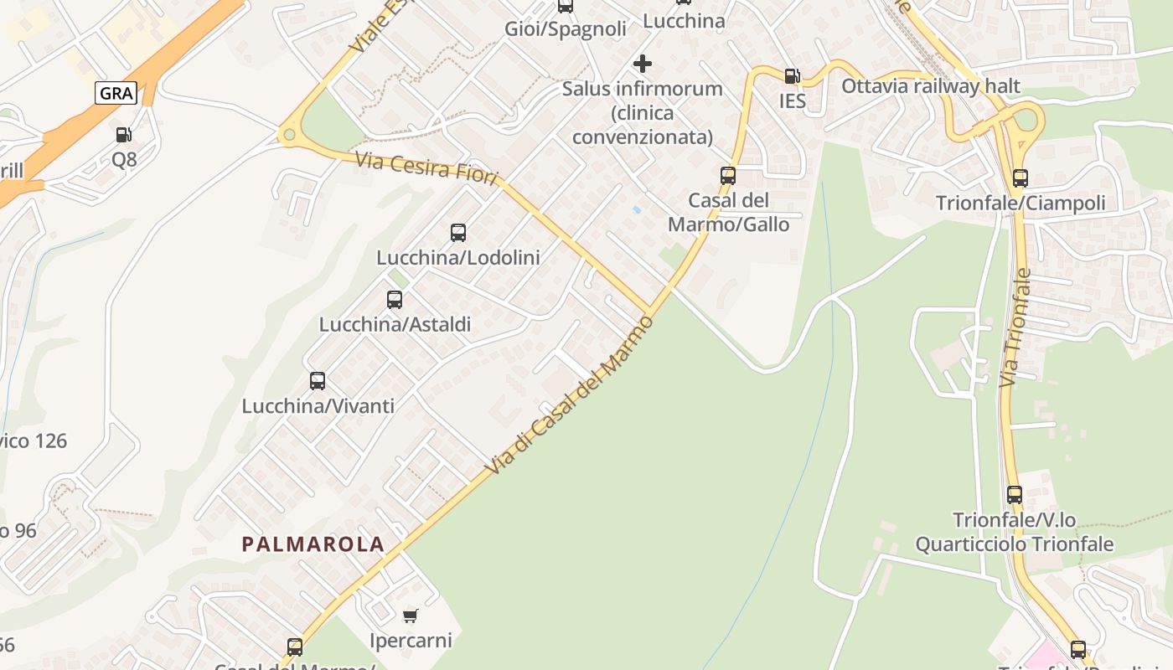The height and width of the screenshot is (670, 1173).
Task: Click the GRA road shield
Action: pos(116,93)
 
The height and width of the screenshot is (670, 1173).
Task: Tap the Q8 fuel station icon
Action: pos(123,134)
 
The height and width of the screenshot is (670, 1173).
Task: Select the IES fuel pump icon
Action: pos(792,76)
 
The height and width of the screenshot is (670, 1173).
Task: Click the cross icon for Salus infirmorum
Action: pos(643,64)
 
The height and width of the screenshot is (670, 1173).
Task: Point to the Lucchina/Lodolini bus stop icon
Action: pos(458,233)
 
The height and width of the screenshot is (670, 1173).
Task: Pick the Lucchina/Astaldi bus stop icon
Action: pos(395,299)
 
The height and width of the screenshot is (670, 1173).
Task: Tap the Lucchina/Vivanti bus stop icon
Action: pos(318,381)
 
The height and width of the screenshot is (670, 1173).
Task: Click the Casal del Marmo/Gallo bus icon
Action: pos(728,176)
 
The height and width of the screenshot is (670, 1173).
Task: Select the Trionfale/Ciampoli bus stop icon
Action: pos(1020,178)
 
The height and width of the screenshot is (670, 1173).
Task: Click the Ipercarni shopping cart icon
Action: pos(411,616)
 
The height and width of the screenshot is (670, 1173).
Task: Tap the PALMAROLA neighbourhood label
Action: pos(313,544)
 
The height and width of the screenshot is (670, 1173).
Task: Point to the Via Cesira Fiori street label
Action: pos(426,168)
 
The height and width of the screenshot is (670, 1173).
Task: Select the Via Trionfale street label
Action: pos(1015,327)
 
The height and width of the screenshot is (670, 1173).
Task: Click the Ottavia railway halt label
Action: pos(931,86)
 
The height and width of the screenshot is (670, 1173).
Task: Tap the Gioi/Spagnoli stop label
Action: pos(566,29)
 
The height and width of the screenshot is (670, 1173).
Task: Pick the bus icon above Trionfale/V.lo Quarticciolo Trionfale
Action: pos(1015,495)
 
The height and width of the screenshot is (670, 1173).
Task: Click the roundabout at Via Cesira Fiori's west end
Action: pos(290,134)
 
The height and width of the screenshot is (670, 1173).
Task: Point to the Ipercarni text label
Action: pos(411,641)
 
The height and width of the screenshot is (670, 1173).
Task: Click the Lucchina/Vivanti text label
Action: pos(318,406)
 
